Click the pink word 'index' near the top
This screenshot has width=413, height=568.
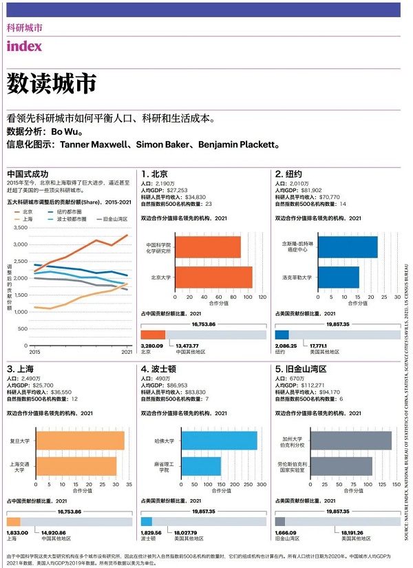(24, 46)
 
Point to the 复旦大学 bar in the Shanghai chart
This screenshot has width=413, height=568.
(80, 440)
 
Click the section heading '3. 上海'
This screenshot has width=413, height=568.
(22, 369)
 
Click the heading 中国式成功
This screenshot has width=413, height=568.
(28, 173)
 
